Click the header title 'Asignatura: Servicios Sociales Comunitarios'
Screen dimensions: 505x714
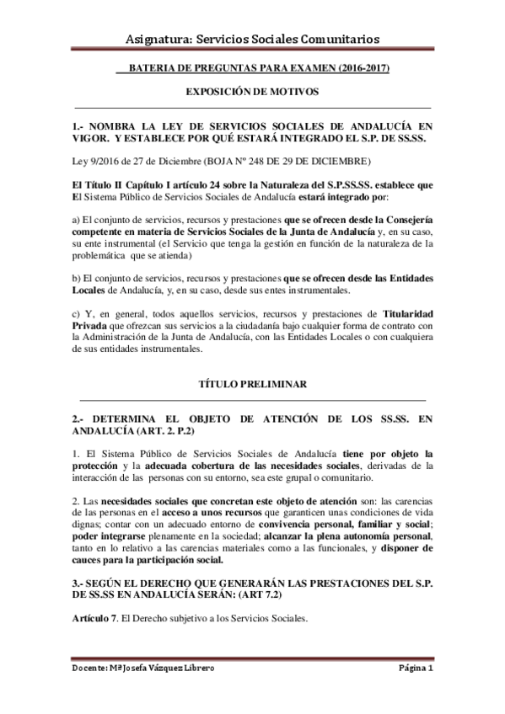click(251, 39)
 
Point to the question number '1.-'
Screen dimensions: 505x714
click(80, 124)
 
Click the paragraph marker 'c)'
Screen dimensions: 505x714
click(77, 313)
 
